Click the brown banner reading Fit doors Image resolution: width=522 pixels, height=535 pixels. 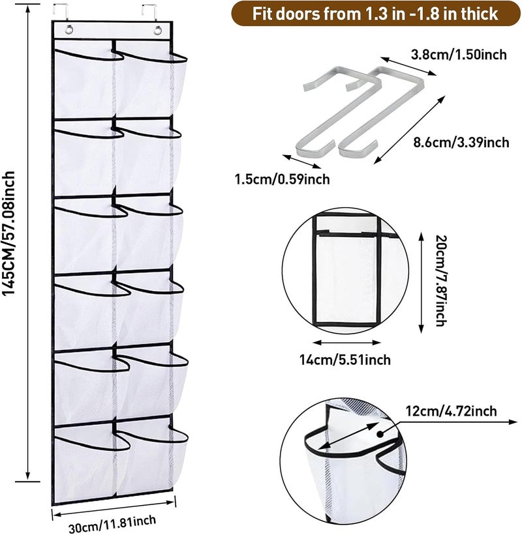(x=376, y=14)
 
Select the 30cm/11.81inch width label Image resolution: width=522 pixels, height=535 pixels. (x=112, y=523)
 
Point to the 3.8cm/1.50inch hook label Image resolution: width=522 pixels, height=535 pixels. (x=459, y=54)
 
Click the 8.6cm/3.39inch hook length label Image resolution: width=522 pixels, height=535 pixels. (x=461, y=142)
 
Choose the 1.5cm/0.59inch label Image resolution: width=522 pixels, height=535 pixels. (x=282, y=179)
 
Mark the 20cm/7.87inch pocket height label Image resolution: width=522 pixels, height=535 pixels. (x=440, y=280)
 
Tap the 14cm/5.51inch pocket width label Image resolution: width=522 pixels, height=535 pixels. (x=345, y=360)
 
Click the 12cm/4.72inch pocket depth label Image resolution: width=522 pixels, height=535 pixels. (x=451, y=411)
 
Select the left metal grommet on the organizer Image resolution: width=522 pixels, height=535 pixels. (x=69, y=30)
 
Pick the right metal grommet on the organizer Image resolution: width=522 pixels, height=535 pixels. (x=157, y=30)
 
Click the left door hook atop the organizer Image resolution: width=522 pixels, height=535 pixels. (x=61, y=12)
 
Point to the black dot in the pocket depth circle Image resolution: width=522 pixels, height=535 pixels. (x=379, y=433)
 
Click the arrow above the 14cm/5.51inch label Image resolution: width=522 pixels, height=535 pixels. (x=346, y=343)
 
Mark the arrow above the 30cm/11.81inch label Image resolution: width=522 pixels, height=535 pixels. (x=114, y=508)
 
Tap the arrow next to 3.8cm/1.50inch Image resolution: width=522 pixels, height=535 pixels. (x=408, y=66)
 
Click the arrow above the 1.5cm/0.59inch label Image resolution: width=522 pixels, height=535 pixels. (x=302, y=162)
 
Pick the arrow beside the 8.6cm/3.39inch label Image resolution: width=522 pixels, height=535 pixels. (x=409, y=130)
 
